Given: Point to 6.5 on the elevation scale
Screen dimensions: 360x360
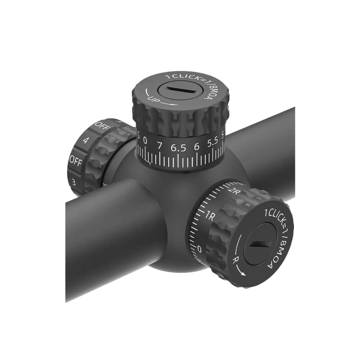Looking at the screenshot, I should pyautogui.click(x=177, y=148).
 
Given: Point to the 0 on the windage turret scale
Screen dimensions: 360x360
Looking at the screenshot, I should pyautogui.click(x=199, y=248).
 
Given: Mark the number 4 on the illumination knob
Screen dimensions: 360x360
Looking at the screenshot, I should pyautogui.click(x=85, y=140).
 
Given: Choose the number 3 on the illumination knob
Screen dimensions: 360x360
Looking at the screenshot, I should pyautogui.click(x=73, y=181).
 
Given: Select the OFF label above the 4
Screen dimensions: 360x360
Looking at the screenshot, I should pyautogui.click(x=101, y=125).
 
